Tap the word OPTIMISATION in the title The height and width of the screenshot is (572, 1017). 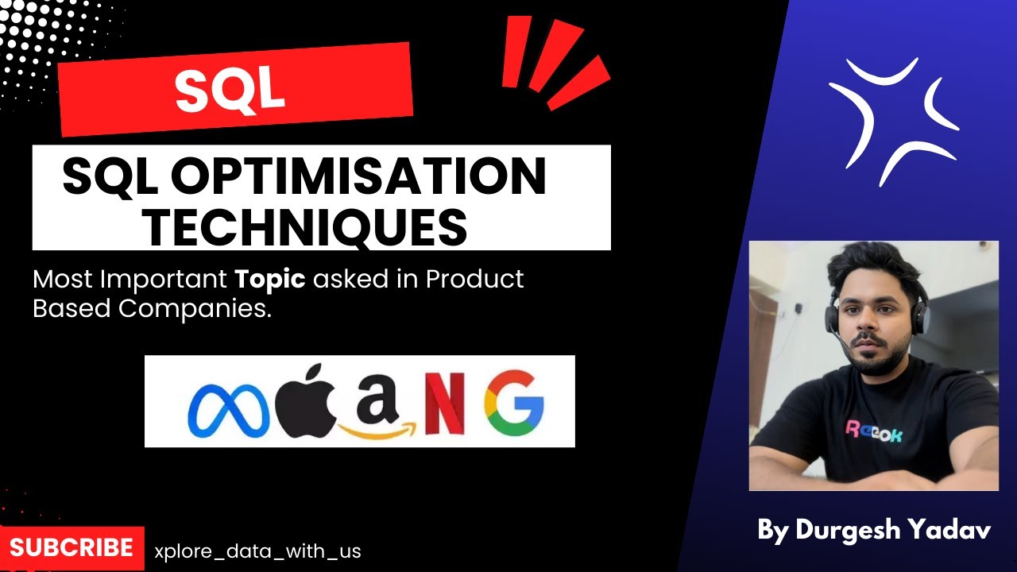pyautogui.click(x=358, y=177)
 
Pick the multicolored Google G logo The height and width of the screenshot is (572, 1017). pyautogui.click(x=514, y=404)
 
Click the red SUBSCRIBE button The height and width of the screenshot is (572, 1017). pyautogui.click(x=72, y=547)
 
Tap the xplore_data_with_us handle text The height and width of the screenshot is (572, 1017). pyautogui.click(x=258, y=551)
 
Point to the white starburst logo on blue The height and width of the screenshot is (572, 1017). pyautogui.click(x=892, y=119)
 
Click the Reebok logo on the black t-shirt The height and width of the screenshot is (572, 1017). pyautogui.click(x=873, y=432)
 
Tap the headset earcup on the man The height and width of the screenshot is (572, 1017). pyautogui.click(x=918, y=319)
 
